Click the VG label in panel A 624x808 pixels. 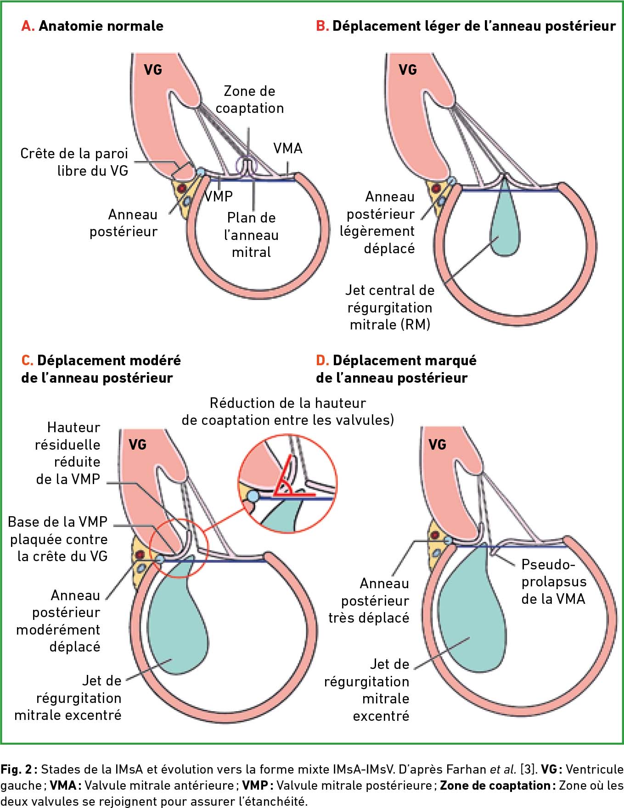[x=153, y=70]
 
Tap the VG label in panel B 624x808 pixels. [x=408, y=70]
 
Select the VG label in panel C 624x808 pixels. [x=138, y=444]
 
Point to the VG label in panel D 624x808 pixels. [x=437, y=444]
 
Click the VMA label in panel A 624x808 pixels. [x=288, y=148]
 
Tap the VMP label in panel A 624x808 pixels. [x=219, y=196]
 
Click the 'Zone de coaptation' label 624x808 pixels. [x=250, y=100]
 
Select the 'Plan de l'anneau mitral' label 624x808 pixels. [x=251, y=235]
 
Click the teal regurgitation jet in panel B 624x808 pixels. [x=505, y=220]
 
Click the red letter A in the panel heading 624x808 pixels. [x=27, y=26]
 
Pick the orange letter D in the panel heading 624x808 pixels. [x=322, y=361]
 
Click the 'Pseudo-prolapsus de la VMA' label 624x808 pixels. [x=554, y=581]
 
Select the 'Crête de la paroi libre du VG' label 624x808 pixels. [x=74, y=162]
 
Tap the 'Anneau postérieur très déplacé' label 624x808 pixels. [x=369, y=601]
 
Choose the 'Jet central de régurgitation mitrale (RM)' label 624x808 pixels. [x=390, y=307]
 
